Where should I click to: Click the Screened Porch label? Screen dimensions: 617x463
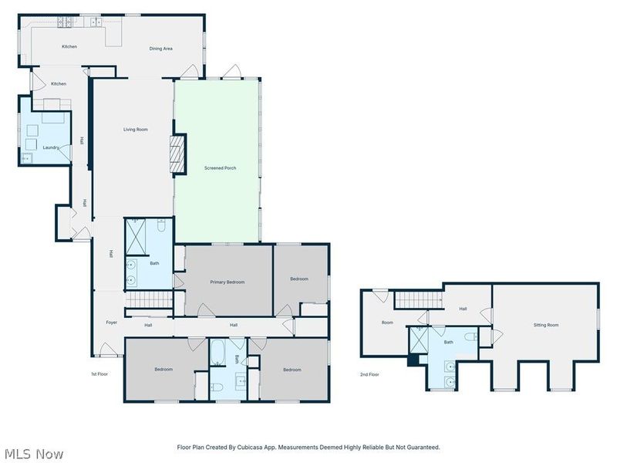(220, 168)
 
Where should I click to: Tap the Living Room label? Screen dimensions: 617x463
(136, 130)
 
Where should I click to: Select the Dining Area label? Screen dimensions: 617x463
(160, 49)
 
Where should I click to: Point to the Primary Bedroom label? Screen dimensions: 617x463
(227, 282)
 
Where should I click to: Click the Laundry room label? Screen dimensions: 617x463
(51, 147)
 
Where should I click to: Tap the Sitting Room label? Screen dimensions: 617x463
(546, 325)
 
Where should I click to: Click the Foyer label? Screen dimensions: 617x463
(111, 323)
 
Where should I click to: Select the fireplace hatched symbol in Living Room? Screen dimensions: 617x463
(177, 154)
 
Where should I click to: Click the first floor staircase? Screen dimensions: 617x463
(149, 299)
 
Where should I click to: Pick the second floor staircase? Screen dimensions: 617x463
(418, 300)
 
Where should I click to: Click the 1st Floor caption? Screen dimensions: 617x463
(99, 374)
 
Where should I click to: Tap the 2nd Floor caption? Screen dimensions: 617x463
(369, 374)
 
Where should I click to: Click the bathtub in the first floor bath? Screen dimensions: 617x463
(217, 353)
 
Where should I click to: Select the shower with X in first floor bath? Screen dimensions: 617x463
(136, 237)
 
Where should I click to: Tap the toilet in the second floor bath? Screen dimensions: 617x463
(470, 337)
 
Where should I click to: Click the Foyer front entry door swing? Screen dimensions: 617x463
(106, 350)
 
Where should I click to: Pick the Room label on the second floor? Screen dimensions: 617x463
(387, 323)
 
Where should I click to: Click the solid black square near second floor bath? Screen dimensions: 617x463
(413, 360)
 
